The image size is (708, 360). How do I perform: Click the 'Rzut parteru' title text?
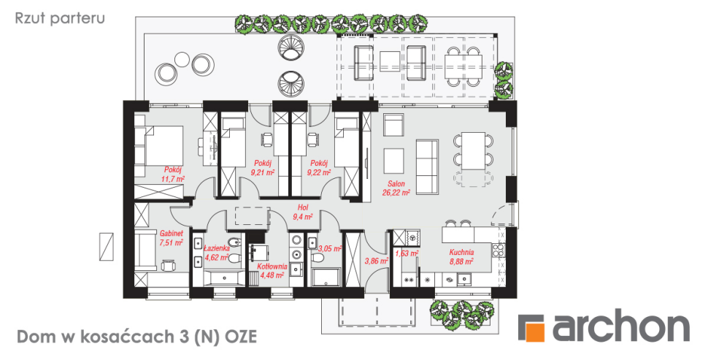pos(60,18)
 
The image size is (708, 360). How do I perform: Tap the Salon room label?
pos(396,184)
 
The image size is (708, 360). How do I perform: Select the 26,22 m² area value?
pos(396,193)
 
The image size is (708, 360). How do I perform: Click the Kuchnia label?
pos(461,253)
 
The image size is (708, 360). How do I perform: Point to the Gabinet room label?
pos(171,234)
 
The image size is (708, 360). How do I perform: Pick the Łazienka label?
pos(217,248)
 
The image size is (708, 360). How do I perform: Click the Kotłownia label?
pos(272,267)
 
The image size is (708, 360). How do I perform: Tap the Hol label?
pos(302,208)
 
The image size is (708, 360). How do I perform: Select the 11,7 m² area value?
pos(172,178)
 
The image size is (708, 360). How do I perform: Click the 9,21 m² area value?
pos(263,172)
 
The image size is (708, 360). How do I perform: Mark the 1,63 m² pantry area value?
pos(407,253)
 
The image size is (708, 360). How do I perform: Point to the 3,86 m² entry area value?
pos(376,261)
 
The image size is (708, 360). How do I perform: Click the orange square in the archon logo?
pos(536,331)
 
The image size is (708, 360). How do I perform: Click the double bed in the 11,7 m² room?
pos(158,145)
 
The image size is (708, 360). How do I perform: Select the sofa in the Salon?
pos(427,167)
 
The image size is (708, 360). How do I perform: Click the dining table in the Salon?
pos(473,151)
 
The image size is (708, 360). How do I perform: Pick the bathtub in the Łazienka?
pos(224,277)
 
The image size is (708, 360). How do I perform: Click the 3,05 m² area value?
pos(330,248)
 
